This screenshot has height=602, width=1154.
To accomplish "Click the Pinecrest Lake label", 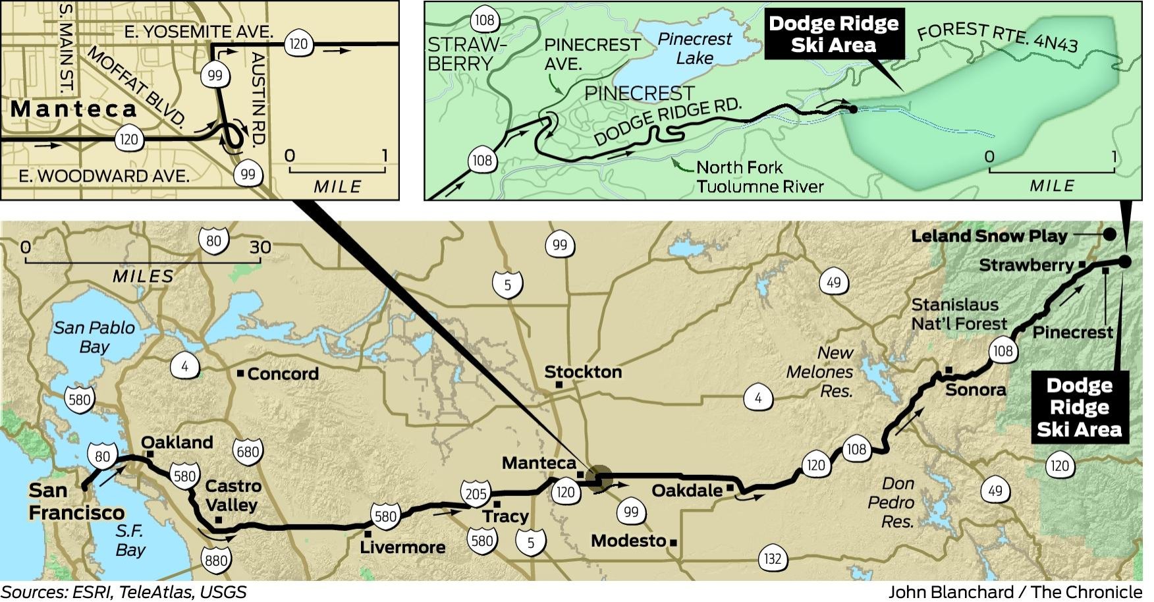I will click(x=694, y=49).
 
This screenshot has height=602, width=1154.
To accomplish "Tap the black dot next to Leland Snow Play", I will click(x=1109, y=234).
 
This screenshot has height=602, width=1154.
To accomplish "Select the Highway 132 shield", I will click(x=772, y=559).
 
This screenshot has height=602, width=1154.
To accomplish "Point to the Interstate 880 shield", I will click(x=215, y=561).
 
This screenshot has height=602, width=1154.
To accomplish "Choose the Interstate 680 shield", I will click(x=248, y=452).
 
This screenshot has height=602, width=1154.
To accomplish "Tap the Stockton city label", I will click(x=583, y=372).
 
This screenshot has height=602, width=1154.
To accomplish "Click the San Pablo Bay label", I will click(x=94, y=337).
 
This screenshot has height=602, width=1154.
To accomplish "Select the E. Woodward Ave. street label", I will click(x=104, y=176).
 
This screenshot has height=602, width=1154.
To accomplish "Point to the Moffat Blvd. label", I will click(x=136, y=86).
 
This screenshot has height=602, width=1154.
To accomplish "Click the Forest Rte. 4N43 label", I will click(x=997, y=36).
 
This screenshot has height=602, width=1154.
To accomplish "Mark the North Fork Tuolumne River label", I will click(x=759, y=177).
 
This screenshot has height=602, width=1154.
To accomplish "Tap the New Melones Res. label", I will click(x=820, y=371).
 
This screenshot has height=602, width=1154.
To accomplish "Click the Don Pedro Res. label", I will click(x=891, y=503).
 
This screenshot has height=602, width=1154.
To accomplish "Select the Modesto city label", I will click(x=629, y=541).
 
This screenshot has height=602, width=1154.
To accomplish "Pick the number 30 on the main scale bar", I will click(x=260, y=247).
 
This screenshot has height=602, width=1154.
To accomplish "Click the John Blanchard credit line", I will click(x=1015, y=591).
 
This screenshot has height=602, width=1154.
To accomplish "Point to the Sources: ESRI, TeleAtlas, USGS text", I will click(x=124, y=591).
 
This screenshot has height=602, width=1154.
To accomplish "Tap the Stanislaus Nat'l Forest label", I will click(x=959, y=314).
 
